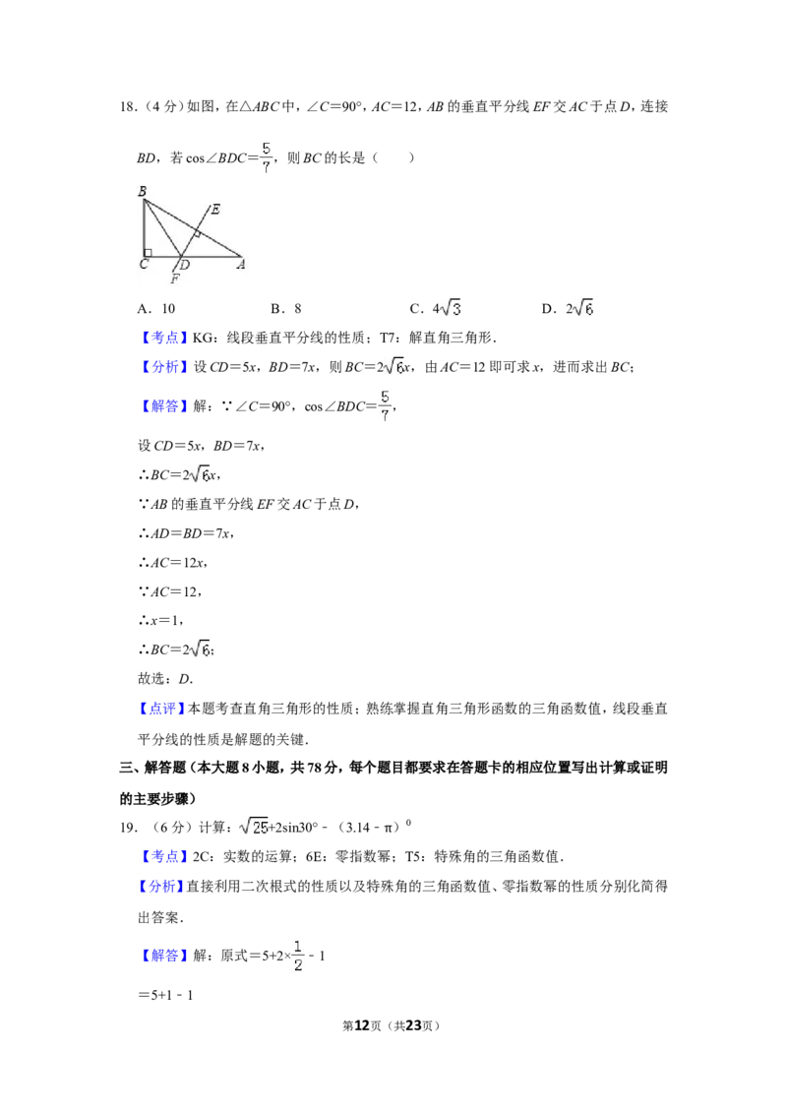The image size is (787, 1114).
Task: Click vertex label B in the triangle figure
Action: (142, 191)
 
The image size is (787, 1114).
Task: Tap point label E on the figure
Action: (215, 209)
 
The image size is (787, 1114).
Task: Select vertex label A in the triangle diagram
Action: (241, 265)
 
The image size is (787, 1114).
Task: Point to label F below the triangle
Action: (175, 279)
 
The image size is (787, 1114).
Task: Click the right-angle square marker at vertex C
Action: (148, 252)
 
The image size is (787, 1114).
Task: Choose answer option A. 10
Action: (156, 308)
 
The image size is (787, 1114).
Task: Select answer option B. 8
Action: (286, 308)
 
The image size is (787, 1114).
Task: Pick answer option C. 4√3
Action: (436, 308)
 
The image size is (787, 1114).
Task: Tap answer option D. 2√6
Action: (568, 308)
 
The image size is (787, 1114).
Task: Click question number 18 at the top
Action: (128, 106)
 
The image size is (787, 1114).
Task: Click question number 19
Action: (128, 827)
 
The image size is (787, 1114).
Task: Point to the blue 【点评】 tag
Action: (162, 709)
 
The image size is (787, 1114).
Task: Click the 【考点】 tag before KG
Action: (162, 338)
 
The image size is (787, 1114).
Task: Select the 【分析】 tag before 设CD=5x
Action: (162, 367)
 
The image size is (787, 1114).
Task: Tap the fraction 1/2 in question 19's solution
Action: (298, 956)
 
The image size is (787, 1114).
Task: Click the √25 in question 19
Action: (254, 827)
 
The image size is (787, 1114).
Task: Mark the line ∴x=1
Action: (160, 620)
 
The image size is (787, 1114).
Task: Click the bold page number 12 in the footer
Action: (362, 1025)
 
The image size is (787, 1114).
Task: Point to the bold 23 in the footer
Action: (412, 1025)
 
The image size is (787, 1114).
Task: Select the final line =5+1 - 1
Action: (165, 995)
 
